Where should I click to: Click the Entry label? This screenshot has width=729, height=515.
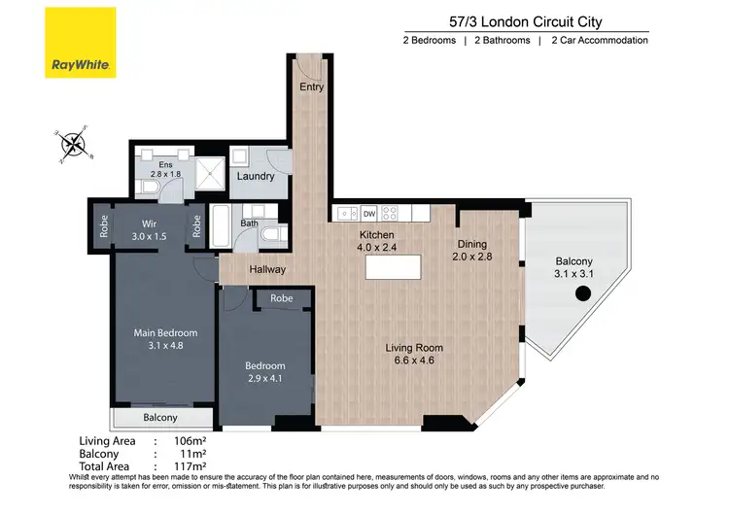pyautogui.click(x=311, y=86)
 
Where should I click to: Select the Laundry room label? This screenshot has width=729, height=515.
pyautogui.click(x=256, y=177)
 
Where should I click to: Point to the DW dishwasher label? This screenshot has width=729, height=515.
pyautogui.click(x=369, y=214)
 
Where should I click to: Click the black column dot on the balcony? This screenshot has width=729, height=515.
pyautogui.click(x=583, y=293)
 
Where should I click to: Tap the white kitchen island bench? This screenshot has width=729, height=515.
pyautogui.click(x=395, y=266)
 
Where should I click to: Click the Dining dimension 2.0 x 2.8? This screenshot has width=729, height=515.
pyautogui.click(x=473, y=257)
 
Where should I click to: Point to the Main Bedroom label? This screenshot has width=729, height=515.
pyautogui.click(x=165, y=333)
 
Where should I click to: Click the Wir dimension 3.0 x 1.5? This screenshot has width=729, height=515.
pyautogui.click(x=150, y=235)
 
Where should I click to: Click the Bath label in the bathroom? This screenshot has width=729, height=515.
pyautogui.click(x=250, y=223)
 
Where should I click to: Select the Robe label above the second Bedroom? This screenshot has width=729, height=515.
pyautogui.click(x=282, y=298)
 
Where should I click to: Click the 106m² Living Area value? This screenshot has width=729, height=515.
pyautogui.click(x=188, y=440)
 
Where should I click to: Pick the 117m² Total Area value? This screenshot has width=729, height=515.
pyautogui.click(x=188, y=465)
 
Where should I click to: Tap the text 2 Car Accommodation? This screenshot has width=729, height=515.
pyautogui.click(x=599, y=41)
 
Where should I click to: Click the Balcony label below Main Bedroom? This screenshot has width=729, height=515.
pyautogui.click(x=161, y=418)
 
